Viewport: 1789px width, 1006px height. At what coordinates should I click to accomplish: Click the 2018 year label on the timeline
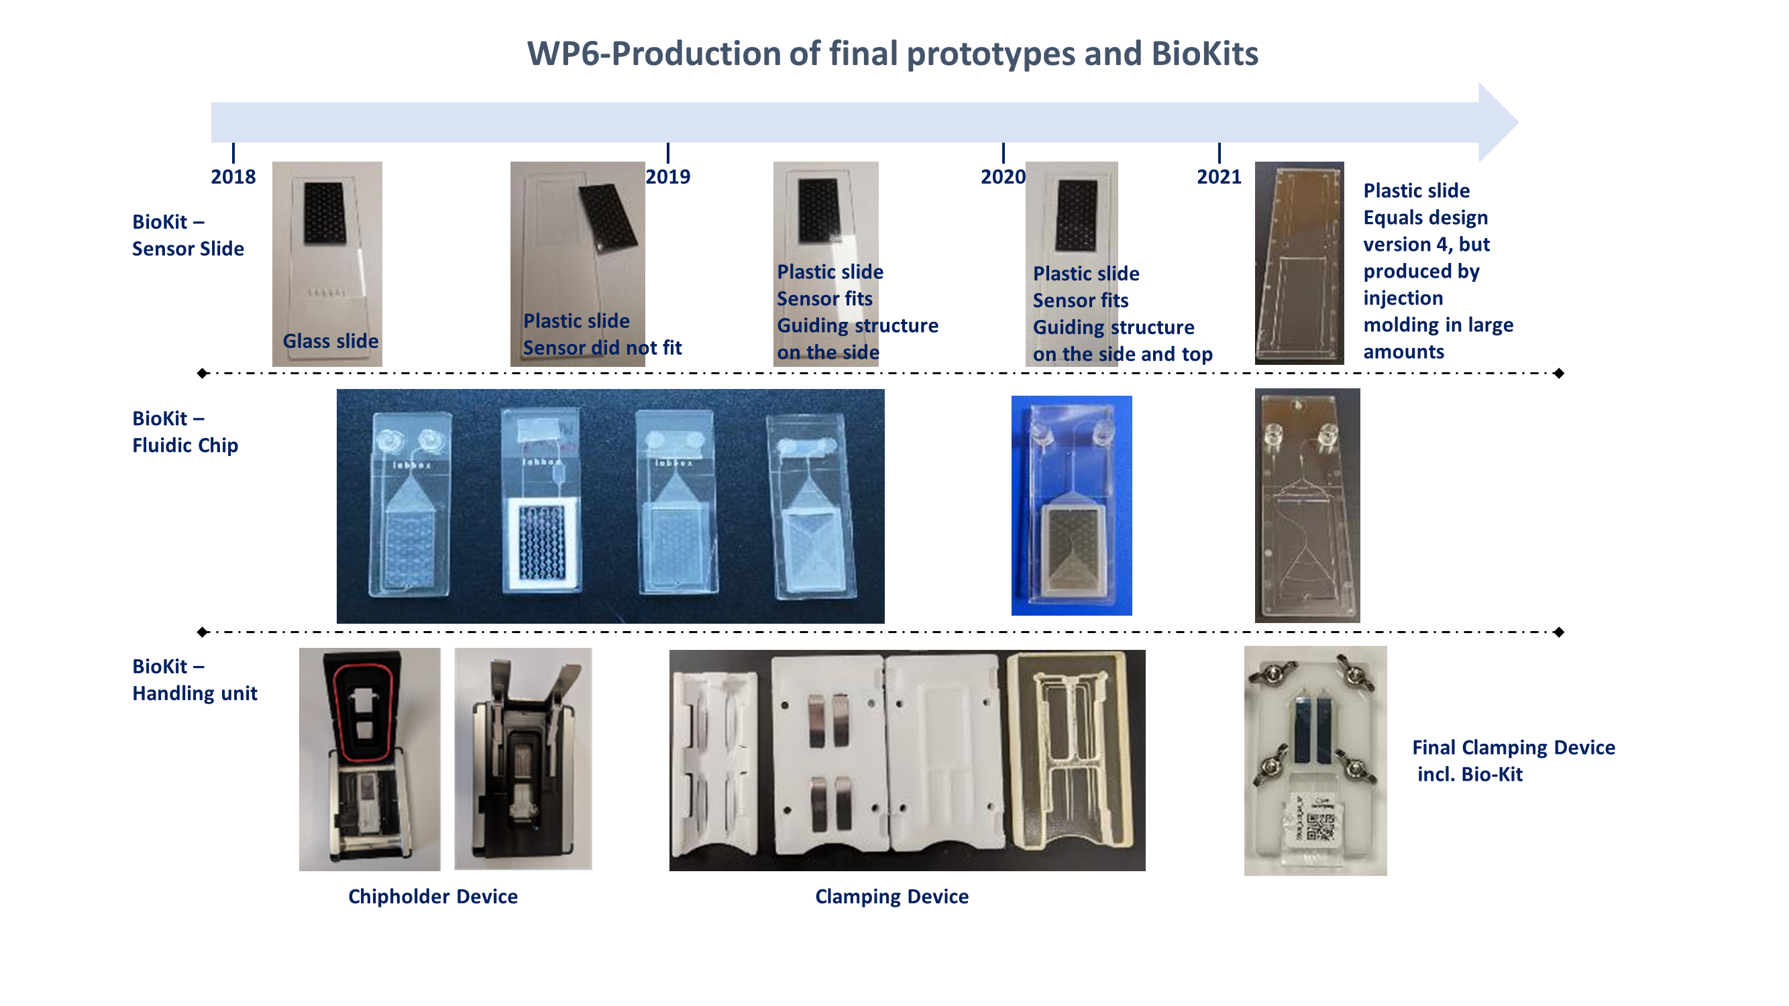point(233,176)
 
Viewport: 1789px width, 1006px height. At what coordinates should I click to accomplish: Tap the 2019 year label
point(667,176)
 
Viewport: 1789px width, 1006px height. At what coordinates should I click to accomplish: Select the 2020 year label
point(1003,176)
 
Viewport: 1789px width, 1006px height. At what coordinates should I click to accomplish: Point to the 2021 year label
point(1219,176)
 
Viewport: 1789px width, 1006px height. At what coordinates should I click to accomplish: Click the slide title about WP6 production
point(892,54)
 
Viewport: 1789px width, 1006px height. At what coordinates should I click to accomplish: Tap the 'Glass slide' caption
point(331,341)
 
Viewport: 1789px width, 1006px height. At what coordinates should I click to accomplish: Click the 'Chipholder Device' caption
point(433,896)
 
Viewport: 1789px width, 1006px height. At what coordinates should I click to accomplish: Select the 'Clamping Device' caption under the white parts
point(891,896)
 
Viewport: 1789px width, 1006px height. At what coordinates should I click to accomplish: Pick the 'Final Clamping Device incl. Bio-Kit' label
point(1514,761)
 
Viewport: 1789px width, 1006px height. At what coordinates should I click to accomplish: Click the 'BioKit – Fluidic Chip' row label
point(185,431)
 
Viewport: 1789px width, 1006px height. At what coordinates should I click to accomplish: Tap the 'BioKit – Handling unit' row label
point(195,679)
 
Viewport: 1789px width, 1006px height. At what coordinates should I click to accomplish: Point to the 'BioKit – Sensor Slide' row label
point(188,235)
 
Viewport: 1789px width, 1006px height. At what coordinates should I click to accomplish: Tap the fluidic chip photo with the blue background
point(1072,506)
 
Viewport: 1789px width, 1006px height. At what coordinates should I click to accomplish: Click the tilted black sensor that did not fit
point(608,217)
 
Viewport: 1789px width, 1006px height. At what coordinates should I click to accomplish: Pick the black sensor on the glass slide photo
point(325,213)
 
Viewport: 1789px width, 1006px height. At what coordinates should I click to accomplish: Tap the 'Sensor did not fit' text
point(602,347)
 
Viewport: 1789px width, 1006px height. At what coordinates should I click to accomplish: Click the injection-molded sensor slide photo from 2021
point(1299,263)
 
